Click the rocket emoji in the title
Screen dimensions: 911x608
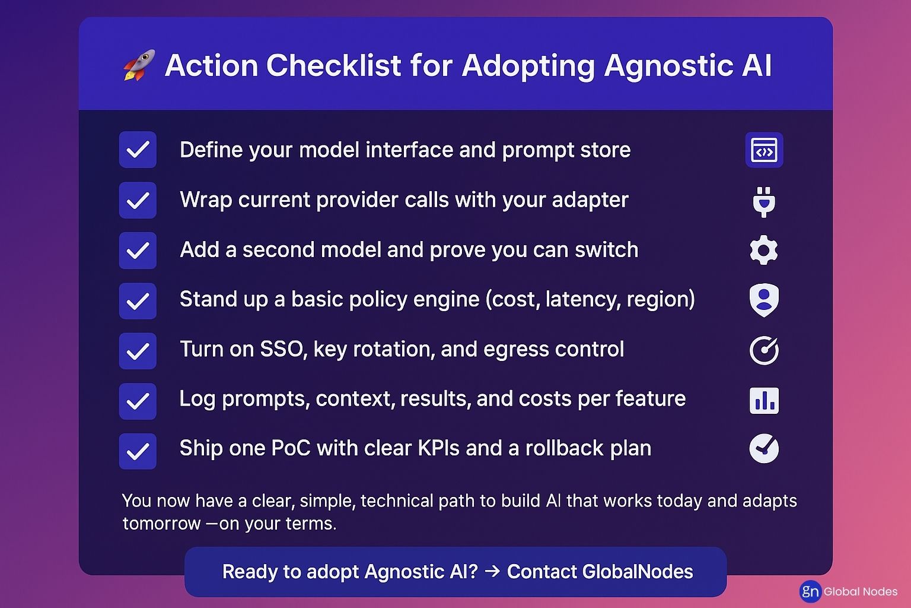click(x=139, y=65)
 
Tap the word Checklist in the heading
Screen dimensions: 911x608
click(x=333, y=65)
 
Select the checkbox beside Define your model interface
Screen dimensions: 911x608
click(x=138, y=150)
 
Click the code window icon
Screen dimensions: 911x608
click(x=764, y=150)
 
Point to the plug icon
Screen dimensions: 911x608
click(x=764, y=202)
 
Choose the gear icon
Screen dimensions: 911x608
click(x=764, y=250)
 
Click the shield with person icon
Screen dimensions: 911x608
click(x=764, y=300)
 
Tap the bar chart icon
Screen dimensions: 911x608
click(x=764, y=400)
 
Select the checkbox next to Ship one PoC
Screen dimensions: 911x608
click(x=138, y=451)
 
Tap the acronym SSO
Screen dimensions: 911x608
click(x=284, y=349)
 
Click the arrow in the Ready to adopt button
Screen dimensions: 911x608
click(x=492, y=571)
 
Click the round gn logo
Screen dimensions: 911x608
click(x=810, y=591)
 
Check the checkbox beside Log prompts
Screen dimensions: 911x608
click(x=138, y=401)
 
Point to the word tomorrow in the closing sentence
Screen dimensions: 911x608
click(x=161, y=524)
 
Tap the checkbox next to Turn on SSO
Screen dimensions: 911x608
click(x=138, y=351)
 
